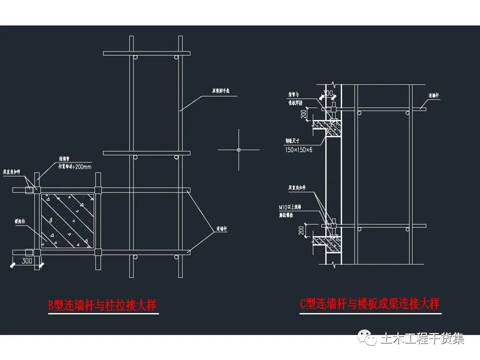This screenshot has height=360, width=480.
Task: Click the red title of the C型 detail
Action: pyautogui.click(x=369, y=303)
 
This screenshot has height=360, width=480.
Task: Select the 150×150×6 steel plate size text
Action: pyautogui.click(x=298, y=150)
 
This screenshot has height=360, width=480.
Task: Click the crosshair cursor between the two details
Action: pyautogui.click(x=238, y=149)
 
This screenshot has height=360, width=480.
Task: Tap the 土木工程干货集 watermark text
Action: pyautogui.click(x=422, y=338)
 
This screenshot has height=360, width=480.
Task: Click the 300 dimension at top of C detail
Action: pyautogui.click(x=328, y=93)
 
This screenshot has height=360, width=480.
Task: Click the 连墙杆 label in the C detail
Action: pyautogui.click(x=433, y=94)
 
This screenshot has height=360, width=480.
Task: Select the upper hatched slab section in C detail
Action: pyautogui.click(x=332, y=128)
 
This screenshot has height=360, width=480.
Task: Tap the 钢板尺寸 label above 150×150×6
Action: pyautogui.click(x=292, y=142)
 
